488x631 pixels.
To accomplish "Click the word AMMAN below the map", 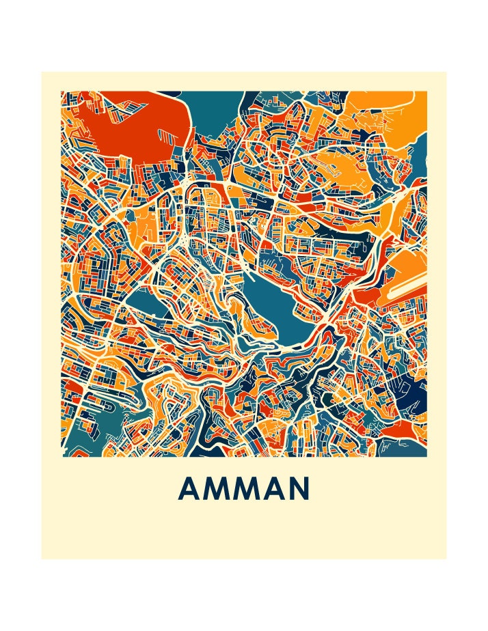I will (x=244, y=489).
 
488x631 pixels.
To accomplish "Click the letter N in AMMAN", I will (x=301, y=489).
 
